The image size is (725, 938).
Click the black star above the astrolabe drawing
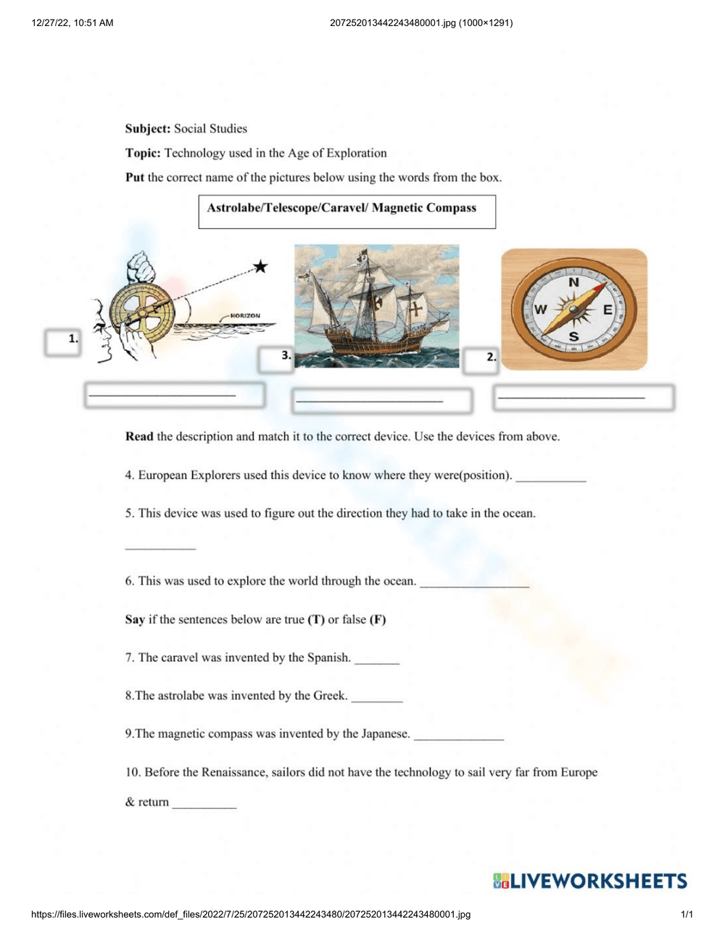[x=260, y=267]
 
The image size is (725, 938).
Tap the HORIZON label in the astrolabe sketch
[x=245, y=316]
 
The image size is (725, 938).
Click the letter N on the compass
[x=573, y=282]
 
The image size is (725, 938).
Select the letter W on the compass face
[x=541, y=310]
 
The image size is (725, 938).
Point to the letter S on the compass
[x=573, y=336]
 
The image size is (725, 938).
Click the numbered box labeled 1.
[x=62, y=342]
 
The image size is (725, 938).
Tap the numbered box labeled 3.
[x=276, y=358]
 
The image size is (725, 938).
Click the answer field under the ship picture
[x=382, y=400]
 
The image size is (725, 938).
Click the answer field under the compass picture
[x=584, y=397]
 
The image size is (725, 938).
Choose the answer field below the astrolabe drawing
[x=174, y=395]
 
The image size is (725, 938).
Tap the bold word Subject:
[x=148, y=129]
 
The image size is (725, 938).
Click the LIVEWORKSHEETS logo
[x=589, y=881]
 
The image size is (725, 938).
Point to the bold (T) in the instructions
[x=316, y=620]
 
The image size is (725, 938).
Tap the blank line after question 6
[x=474, y=584]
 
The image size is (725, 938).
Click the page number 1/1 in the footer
[x=687, y=915]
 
